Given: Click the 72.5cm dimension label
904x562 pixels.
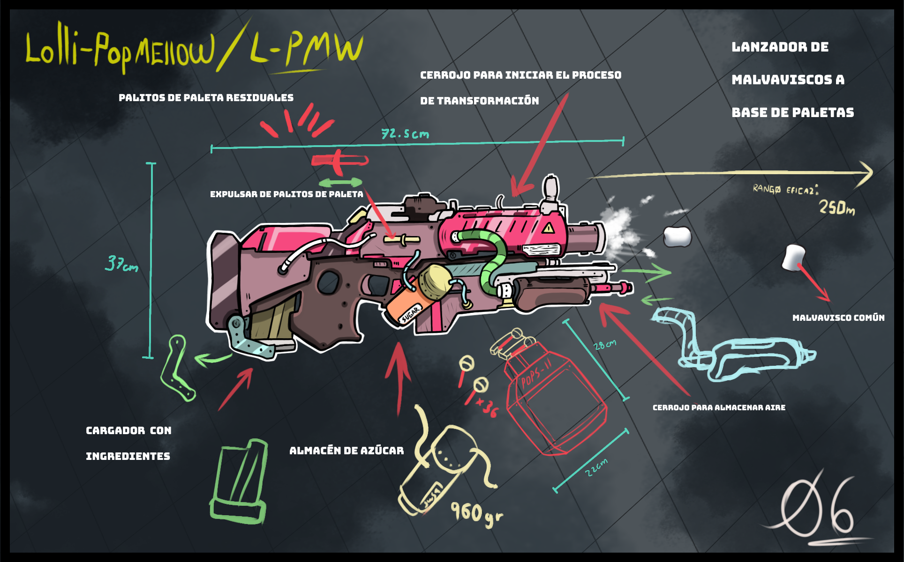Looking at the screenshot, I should (x=405, y=134).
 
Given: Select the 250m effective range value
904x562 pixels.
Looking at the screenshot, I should (x=836, y=207).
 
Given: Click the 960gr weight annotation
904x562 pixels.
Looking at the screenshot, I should (x=475, y=513).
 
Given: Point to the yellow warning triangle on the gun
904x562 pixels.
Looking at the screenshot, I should (x=548, y=229).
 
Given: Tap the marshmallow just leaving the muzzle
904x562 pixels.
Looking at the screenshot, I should (x=677, y=237).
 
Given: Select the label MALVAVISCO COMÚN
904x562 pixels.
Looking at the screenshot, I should (x=838, y=318).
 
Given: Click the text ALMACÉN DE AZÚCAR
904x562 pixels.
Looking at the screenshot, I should (x=347, y=451).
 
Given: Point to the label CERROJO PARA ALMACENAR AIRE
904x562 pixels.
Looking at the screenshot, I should (x=719, y=408).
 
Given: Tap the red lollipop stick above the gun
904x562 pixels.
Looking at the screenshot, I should (x=339, y=161).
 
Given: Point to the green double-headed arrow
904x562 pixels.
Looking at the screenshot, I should (x=340, y=182).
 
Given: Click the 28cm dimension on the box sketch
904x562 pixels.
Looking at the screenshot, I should (x=604, y=346).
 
